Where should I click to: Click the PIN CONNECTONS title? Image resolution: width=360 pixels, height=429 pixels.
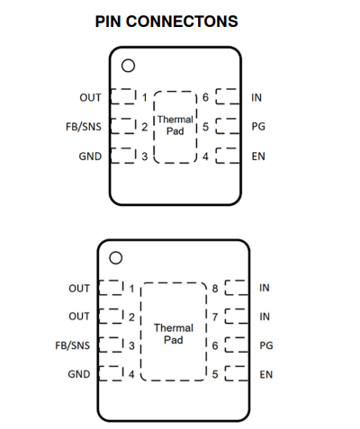click(166, 22)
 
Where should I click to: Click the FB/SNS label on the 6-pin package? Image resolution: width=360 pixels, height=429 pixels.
click(84, 127)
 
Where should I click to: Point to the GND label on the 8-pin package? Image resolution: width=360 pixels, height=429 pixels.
click(79, 374)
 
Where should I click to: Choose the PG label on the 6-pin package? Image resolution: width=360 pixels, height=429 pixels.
click(258, 126)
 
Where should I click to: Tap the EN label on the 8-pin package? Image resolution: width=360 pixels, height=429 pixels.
click(266, 374)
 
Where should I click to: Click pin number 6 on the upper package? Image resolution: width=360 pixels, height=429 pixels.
click(205, 97)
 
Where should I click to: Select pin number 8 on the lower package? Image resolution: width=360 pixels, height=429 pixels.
click(215, 289)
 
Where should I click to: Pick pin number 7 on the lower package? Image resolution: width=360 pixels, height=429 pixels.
click(215, 317)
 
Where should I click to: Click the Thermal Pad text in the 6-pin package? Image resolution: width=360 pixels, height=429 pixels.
click(175, 125)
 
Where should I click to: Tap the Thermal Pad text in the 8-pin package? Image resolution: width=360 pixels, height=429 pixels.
click(174, 334)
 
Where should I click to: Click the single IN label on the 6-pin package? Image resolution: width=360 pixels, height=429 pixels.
click(256, 97)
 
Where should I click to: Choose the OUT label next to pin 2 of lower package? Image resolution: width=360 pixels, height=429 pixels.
click(79, 317)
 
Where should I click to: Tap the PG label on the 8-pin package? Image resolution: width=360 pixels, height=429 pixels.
click(266, 345)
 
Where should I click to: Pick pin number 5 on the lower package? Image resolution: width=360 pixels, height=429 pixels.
click(215, 374)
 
